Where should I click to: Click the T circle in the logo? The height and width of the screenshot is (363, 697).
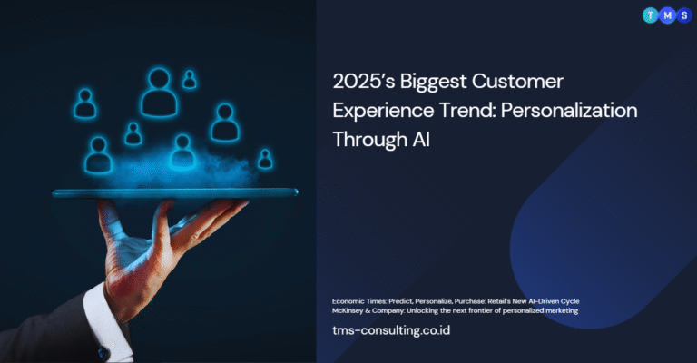click(x=651, y=16)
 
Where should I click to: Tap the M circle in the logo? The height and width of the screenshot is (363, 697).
click(x=667, y=16)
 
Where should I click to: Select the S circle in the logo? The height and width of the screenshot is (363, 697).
click(x=684, y=16)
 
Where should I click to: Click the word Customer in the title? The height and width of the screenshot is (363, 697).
click(x=517, y=82)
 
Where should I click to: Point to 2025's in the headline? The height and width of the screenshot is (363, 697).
click(x=364, y=82)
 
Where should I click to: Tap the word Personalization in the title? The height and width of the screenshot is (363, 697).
click(x=569, y=110)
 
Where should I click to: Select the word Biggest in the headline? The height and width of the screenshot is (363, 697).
click(x=434, y=83)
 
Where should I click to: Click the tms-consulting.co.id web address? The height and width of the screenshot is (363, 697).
click(x=391, y=330)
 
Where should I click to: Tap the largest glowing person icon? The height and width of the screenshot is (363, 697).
click(x=159, y=93)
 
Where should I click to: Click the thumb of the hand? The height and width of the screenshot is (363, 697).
click(x=108, y=222)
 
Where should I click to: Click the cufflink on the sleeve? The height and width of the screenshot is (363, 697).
click(x=104, y=353)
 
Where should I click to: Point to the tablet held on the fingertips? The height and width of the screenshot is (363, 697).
click(x=175, y=192)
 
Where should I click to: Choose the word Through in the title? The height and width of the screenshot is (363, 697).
click(x=370, y=140)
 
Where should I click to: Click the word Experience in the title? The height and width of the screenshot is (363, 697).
click(x=383, y=111)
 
